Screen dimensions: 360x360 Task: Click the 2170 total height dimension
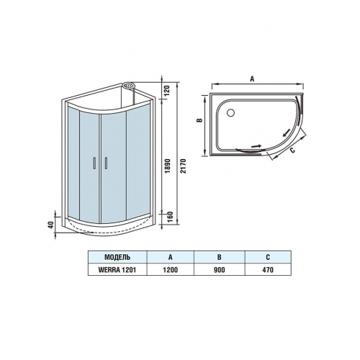(183, 166)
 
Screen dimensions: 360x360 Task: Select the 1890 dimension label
(168, 166)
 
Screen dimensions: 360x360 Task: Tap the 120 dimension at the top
(167, 91)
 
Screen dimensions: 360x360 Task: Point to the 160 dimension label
(170, 217)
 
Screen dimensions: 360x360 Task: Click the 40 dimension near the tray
(51, 225)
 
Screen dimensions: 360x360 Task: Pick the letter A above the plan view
(252, 78)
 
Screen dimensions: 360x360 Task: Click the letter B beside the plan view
(199, 120)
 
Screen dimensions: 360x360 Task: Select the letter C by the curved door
(292, 150)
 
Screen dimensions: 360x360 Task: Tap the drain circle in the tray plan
(231, 112)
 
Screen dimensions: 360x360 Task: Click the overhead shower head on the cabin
(129, 86)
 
